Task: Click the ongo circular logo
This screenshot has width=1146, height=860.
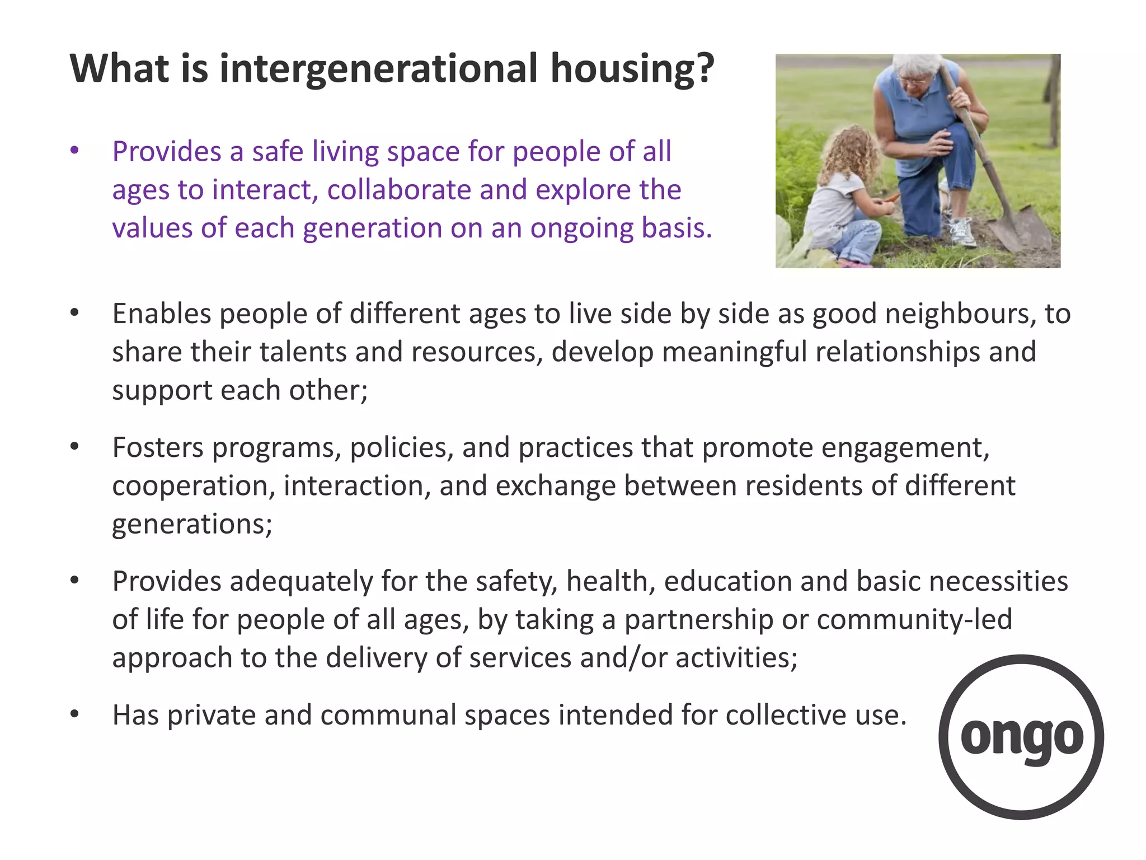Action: point(1021,737)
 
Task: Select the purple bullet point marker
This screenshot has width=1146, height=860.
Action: point(74,151)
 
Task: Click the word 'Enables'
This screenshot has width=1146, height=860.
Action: point(162,314)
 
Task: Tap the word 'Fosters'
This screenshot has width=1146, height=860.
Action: point(158,447)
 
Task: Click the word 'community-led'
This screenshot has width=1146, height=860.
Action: point(914,619)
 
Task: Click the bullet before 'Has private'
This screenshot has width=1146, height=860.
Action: point(74,714)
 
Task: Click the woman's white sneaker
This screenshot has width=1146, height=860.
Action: point(961,231)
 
